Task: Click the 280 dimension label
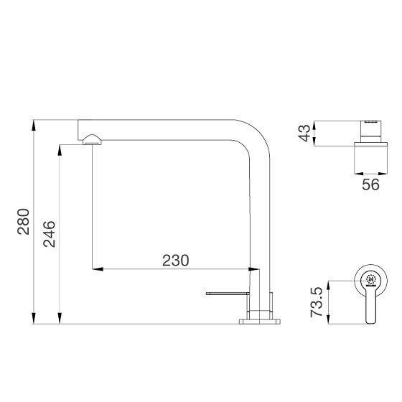tap(23, 222)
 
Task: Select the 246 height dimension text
tap(50, 234)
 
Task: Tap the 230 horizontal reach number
tap(176, 260)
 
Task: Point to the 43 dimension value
tap(304, 133)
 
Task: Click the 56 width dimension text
tap(370, 184)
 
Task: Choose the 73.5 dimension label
tap(317, 302)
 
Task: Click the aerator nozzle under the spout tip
tap(92, 140)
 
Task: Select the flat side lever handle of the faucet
tap(228, 294)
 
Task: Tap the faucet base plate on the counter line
tap(260, 322)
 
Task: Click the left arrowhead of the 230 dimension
tap(98, 269)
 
